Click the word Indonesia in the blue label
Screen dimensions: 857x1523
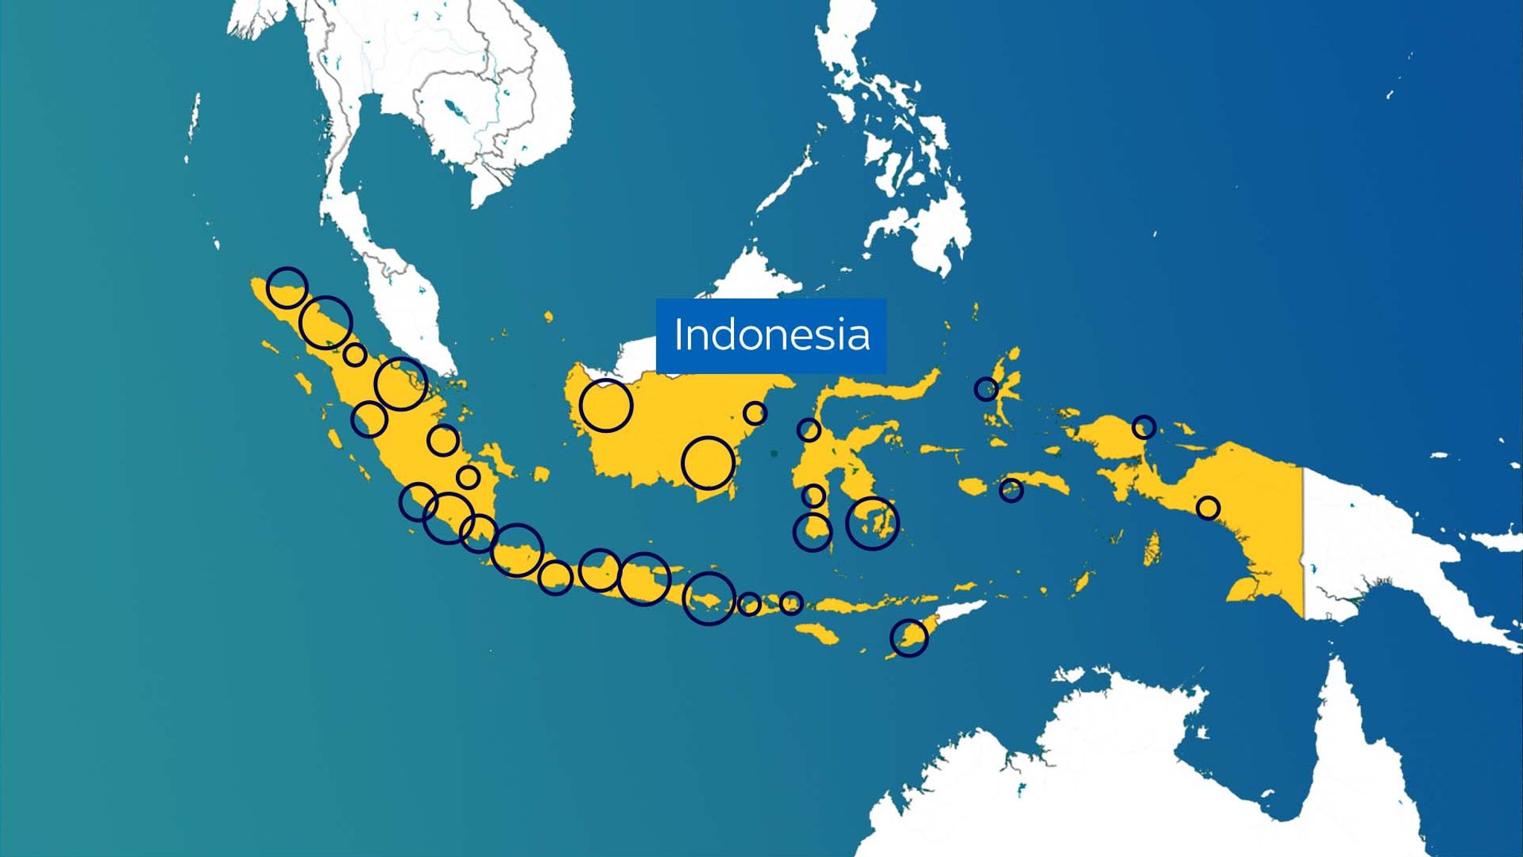click(x=771, y=335)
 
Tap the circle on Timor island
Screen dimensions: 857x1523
click(x=909, y=638)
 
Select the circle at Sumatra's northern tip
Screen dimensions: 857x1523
click(x=287, y=287)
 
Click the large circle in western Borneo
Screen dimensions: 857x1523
click(x=606, y=405)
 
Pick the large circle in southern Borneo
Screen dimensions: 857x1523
click(x=708, y=463)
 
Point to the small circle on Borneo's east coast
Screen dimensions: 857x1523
click(x=754, y=413)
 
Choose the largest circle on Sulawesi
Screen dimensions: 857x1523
click(x=872, y=523)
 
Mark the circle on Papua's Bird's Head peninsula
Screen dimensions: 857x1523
click(x=1144, y=427)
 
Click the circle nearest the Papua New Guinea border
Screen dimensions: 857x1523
click(x=1208, y=508)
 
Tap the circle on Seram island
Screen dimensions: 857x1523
click(x=1011, y=490)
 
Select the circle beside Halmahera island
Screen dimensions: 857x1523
click(x=986, y=388)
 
